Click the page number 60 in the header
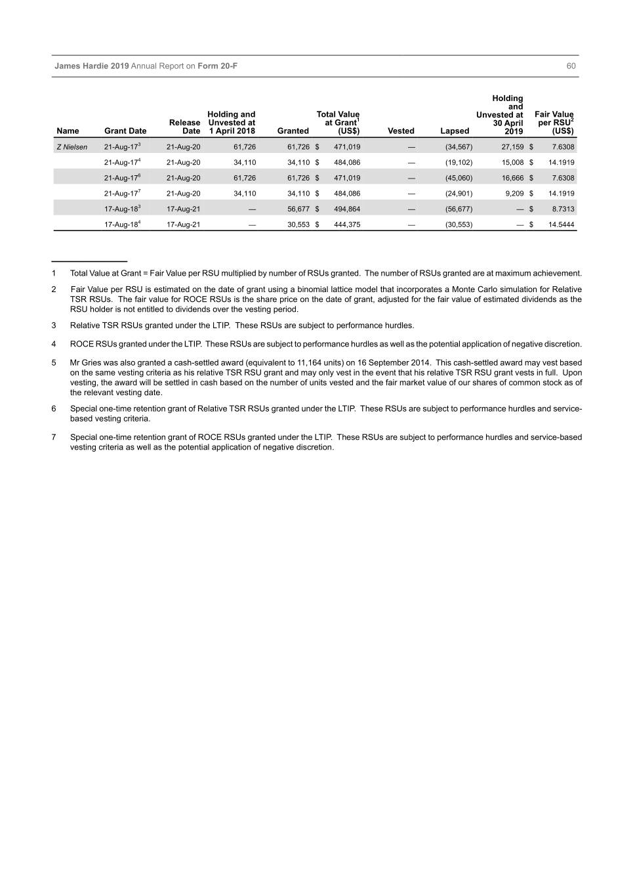tap(571, 66)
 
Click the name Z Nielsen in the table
tap(71, 147)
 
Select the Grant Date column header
tap(125, 131)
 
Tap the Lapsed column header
tap(455, 131)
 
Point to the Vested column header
tap(401, 131)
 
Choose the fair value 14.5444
tap(561, 224)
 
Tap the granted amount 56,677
tap(298, 209)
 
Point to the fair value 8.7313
tap(563, 209)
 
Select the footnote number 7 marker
tap(54, 437)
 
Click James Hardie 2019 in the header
tap(92, 66)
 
